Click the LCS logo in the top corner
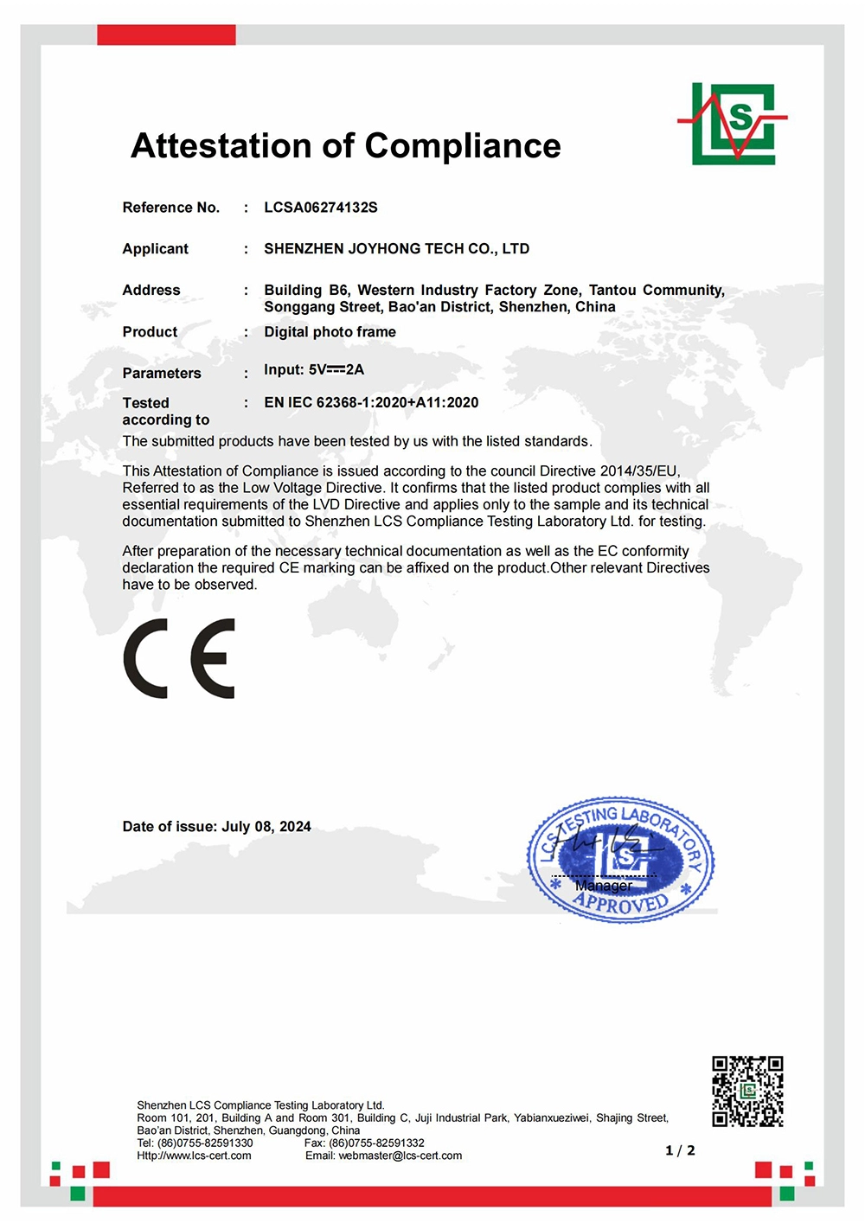(x=733, y=124)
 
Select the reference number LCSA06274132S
(x=321, y=208)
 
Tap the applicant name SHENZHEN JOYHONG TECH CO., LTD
(x=396, y=249)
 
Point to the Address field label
(x=151, y=291)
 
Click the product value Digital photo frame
(x=330, y=332)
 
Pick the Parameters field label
(x=162, y=374)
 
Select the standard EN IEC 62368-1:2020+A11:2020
(x=371, y=402)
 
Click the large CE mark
(x=180, y=658)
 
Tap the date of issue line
(x=216, y=827)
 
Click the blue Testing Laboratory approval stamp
(x=621, y=859)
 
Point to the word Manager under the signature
(x=603, y=886)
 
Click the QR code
(x=747, y=1092)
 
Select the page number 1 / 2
(x=680, y=1150)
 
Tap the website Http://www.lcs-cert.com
(x=194, y=1156)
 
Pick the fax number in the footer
(x=364, y=1143)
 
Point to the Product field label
(x=150, y=332)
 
